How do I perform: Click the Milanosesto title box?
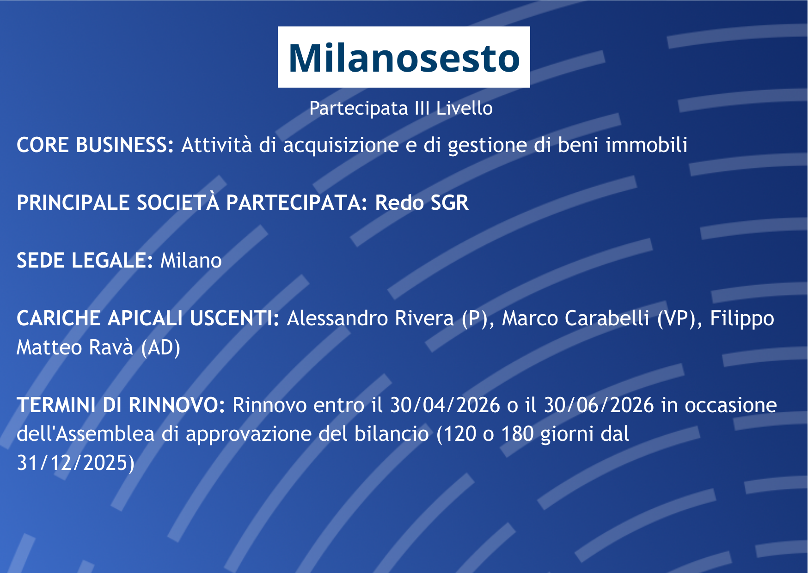[x=404, y=57]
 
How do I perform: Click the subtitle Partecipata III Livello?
[x=401, y=108]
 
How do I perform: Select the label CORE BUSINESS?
[x=95, y=145]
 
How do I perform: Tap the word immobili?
[x=646, y=145]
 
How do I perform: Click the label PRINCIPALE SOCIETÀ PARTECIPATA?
[x=192, y=202]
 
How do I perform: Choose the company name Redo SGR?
[x=422, y=203]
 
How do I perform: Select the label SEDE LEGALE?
[x=85, y=261]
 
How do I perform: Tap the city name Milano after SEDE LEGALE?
[x=191, y=261]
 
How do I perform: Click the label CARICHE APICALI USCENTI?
[x=148, y=318]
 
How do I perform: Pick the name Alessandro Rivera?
[x=370, y=318]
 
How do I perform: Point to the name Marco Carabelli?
[x=575, y=318]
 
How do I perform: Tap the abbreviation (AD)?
[x=160, y=348]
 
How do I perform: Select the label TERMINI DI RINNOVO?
[x=121, y=405]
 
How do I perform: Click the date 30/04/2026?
[x=445, y=405]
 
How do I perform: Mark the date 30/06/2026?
[x=599, y=405]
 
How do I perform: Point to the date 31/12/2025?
[x=72, y=463]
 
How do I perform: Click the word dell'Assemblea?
[x=86, y=434]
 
